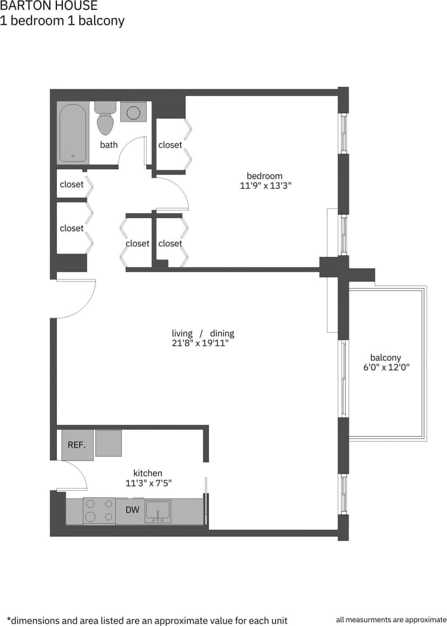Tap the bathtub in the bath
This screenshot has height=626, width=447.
pos(73,132)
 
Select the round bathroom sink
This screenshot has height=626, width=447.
pos(133,112)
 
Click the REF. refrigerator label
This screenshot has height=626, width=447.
pos(77,445)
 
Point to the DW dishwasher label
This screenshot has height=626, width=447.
pos(133,510)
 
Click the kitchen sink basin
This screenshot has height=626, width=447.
pos(157,510)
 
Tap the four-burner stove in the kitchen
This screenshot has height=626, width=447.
pos(99,510)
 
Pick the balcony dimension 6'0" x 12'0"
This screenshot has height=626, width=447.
pos(385,368)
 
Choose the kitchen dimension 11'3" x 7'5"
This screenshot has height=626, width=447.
pos(148,483)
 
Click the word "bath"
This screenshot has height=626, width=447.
pos(109,145)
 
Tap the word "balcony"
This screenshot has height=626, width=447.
pos(385,357)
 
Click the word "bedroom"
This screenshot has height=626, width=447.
pos(265,176)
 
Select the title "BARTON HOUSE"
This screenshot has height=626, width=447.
pos(49,6)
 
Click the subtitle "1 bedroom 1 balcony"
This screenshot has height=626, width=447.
pos(62,21)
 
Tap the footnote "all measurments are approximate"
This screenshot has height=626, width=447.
pos(391,620)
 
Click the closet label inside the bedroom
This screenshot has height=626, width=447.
pos(170,145)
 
